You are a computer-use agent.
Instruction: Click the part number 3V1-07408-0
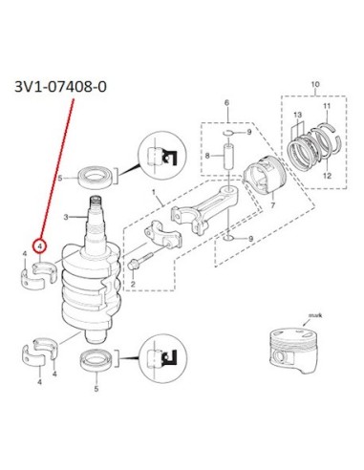pos(60,87)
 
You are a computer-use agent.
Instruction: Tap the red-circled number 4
pos(40,246)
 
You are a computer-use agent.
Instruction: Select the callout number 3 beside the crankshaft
pos(66,217)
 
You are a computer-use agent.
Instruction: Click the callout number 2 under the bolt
pos(133,284)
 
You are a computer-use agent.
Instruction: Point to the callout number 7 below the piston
pos(272,205)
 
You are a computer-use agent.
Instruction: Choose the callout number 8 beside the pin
pos(207,156)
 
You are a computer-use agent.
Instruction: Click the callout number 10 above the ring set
pos(315,85)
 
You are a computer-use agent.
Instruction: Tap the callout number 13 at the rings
pos(298,115)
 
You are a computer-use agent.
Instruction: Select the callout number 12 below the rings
pos(327,176)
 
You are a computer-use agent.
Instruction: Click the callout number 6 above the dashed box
pos(226,102)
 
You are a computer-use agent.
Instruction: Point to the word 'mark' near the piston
pos(315,315)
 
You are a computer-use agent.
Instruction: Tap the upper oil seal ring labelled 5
pos(95,176)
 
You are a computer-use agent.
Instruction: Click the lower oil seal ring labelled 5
pos(96,360)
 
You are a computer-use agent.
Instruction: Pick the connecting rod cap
pos(163,234)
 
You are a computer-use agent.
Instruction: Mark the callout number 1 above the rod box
pos(154,193)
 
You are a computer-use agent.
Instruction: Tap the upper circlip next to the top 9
pos(228,133)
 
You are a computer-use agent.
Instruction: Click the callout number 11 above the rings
pos(327,106)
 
